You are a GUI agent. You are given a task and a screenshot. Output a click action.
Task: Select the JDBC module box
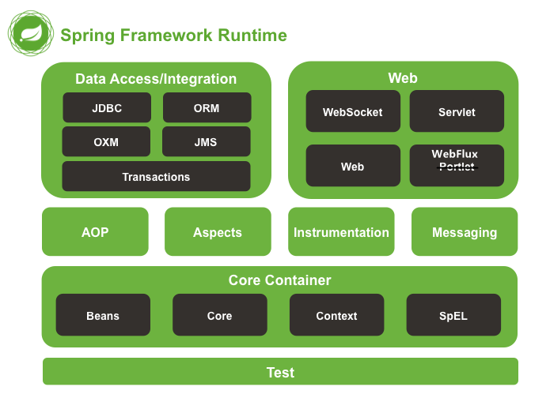[107, 108]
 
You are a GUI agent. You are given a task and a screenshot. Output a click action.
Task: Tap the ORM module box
[207, 108]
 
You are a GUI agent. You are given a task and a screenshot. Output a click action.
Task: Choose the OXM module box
[106, 142]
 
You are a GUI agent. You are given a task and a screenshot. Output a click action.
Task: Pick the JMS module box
[206, 142]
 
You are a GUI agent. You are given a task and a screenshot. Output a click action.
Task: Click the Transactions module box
[156, 177]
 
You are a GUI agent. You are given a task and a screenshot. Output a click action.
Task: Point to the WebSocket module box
[352, 111]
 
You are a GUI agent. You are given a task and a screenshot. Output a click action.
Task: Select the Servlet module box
[457, 111]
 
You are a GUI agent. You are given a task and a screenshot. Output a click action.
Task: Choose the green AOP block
[95, 232]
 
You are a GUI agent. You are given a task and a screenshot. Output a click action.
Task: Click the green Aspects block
[218, 232]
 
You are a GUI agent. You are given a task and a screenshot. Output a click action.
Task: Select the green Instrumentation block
[341, 232]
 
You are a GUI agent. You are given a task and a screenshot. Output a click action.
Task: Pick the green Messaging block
[465, 232]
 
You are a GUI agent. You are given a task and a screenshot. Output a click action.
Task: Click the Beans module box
[103, 316]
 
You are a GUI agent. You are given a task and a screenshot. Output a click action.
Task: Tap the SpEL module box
[453, 316]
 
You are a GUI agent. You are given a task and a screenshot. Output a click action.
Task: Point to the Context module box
[336, 316]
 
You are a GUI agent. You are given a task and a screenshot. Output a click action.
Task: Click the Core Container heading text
[279, 280]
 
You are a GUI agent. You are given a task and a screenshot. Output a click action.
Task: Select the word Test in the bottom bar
[280, 372]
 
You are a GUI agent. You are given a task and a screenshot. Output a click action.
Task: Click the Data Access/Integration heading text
[156, 79]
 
